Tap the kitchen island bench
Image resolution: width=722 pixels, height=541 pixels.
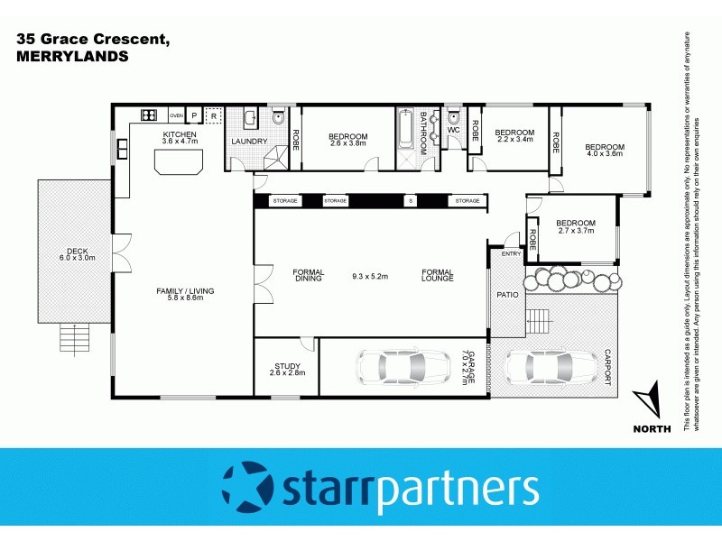coord(177,161)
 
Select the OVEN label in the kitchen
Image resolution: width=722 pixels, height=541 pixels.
coord(176,116)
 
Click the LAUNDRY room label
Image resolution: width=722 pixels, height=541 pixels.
coord(248,142)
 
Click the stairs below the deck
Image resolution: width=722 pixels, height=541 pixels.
coord(74,339)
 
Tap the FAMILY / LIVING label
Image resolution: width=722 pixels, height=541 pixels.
coord(185,291)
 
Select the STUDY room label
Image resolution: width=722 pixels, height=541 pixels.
coord(287,366)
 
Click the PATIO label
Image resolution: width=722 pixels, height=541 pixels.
coord(506,295)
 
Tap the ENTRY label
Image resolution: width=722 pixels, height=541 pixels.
coord(512,253)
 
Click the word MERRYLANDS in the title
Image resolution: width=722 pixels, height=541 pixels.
coord(72,55)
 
